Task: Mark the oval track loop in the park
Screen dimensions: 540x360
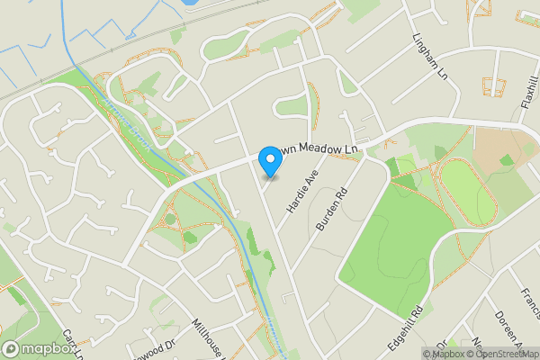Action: click(466, 192)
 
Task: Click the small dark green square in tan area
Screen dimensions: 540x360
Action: click(507, 160)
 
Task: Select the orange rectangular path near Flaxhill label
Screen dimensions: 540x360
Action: click(493, 86)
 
